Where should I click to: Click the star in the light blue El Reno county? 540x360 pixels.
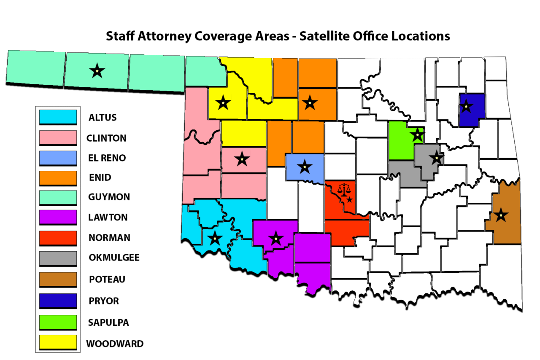click(x=305, y=167)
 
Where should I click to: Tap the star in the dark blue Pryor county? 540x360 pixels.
click(x=466, y=106)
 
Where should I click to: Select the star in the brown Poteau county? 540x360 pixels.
click(x=501, y=215)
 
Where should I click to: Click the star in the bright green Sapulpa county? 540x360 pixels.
click(x=417, y=135)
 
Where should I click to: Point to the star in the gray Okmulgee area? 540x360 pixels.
click(x=436, y=158)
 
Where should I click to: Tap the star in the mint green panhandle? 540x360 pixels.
click(x=97, y=71)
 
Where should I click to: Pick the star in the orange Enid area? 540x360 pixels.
click(x=310, y=102)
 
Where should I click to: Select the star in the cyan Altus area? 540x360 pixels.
click(x=215, y=238)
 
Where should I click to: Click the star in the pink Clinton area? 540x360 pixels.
click(x=242, y=159)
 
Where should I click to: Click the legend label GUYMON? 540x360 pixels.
click(x=109, y=197)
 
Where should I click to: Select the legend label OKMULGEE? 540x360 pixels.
click(x=114, y=257)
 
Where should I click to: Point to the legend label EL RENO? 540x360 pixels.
click(x=107, y=158)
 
